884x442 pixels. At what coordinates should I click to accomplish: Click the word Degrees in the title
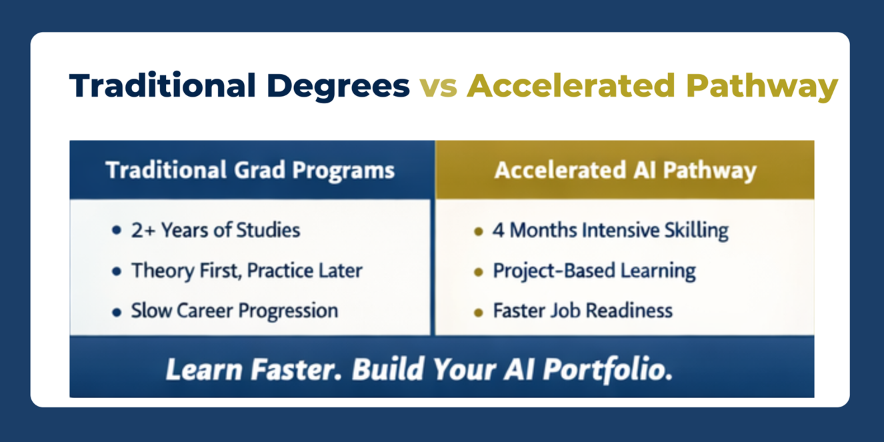(x=338, y=87)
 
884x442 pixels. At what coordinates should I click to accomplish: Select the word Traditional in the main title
(x=163, y=85)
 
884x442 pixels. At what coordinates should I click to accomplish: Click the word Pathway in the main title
(x=761, y=87)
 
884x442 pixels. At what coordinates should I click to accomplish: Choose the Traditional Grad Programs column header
(x=250, y=171)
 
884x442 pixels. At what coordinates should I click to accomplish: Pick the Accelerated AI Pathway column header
(x=625, y=171)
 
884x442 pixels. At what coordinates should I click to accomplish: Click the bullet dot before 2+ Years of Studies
(x=117, y=230)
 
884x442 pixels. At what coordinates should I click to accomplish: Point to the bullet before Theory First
(x=117, y=271)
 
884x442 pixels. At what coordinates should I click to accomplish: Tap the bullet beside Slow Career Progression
(x=117, y=313)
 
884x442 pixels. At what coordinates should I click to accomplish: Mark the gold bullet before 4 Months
(x=478, y=231)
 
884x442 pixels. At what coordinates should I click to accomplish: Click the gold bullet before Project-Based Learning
(x=478, y=272)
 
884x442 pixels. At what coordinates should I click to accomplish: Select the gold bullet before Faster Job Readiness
(x=478, y=313)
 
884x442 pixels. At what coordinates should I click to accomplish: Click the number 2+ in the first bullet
(x=143, y=230)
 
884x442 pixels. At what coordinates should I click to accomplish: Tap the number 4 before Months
(x=498, y=230)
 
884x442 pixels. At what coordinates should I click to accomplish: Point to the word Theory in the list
(x=163, y=271)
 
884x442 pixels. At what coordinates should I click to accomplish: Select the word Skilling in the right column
(x=697, y=231)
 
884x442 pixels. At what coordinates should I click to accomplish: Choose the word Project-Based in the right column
(x=554, y=271)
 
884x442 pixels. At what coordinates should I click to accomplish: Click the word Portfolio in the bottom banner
(x=608, y=370)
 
